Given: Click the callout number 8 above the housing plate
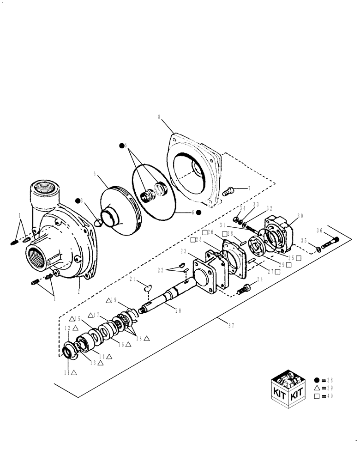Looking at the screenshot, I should [159, 117].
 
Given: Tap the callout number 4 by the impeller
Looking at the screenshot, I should [95, 175].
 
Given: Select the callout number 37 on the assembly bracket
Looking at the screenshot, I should [231, 326].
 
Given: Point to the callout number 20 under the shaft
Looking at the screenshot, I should [178, 310].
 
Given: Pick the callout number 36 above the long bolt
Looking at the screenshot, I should [319, 231].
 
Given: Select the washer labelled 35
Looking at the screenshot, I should [318, 250].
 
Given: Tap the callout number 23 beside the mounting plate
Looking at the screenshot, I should [184, 252].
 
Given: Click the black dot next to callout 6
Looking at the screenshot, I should [198, 212].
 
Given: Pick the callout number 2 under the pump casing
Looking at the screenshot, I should [79, 292].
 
